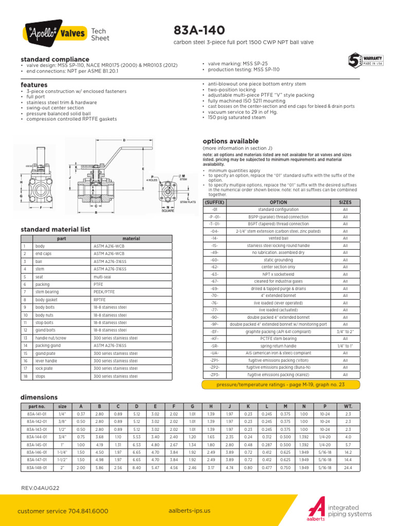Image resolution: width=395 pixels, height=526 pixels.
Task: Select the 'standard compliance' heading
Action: click(x=55, y=60)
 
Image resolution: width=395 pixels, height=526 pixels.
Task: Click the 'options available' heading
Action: click(x=230, y=141)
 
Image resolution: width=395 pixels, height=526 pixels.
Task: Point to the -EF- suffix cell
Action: click(x=214, y=332)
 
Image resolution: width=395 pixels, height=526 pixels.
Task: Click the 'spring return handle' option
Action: click(x=278, y=346)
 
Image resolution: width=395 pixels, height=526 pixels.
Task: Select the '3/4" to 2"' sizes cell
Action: click(x=345, y=332)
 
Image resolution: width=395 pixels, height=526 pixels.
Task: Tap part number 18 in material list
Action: click(x=24, y=376)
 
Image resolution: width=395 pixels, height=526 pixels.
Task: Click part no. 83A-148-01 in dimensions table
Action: click(x=37, y=454)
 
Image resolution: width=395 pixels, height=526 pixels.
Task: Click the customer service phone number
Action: click(x=63, y=511)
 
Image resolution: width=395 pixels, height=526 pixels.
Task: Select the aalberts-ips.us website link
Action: click(x=189, y=511)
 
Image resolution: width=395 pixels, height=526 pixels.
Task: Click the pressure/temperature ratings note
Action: click(x=281, y=384)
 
